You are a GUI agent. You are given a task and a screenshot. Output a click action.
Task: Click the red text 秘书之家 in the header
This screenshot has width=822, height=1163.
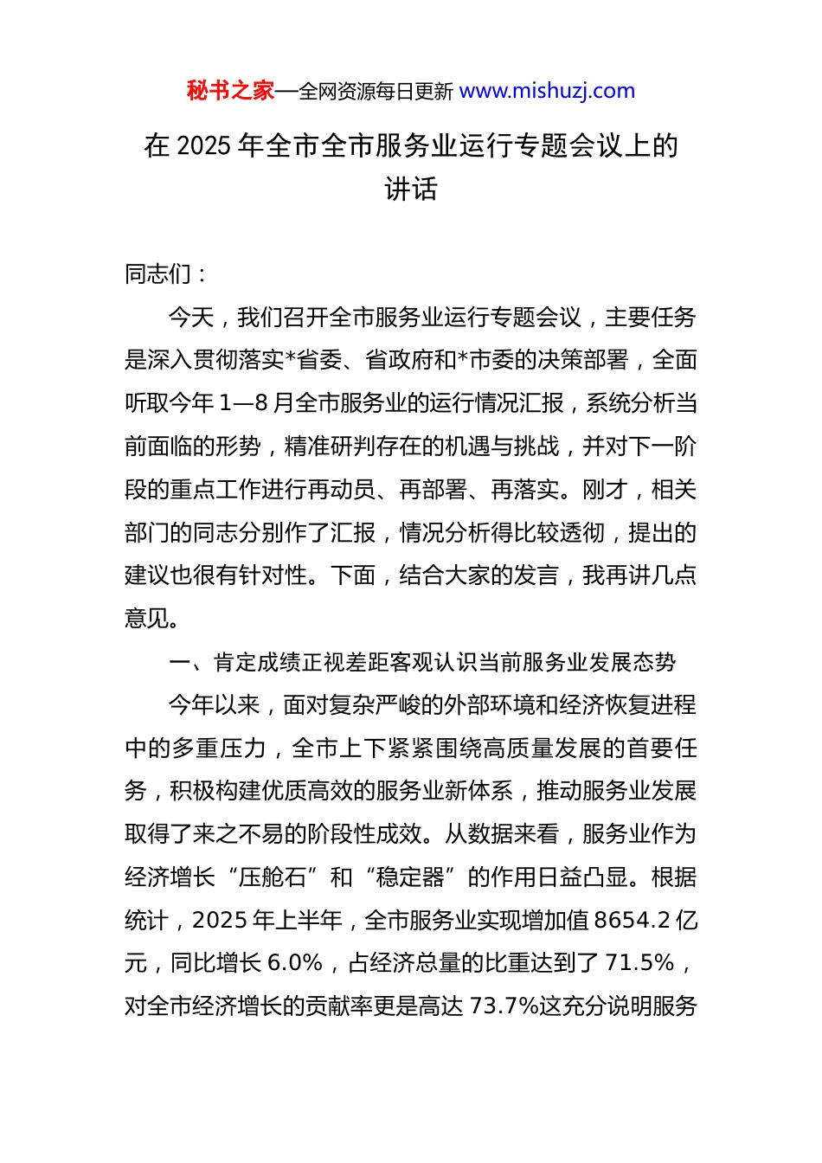pos(230,91)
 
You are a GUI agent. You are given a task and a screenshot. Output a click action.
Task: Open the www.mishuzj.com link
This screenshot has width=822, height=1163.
pos(547,91)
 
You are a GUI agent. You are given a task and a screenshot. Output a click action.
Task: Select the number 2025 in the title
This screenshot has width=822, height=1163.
pos(205,145)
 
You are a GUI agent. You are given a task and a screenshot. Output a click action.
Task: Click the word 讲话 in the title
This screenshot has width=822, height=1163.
pos(411,189)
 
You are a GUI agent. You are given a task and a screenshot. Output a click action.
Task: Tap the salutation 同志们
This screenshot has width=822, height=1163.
pos(157,274)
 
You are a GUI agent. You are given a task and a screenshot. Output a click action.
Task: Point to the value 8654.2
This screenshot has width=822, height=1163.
pos(633,920)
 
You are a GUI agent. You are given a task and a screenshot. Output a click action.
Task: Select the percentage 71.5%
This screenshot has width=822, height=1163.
pos(639,963)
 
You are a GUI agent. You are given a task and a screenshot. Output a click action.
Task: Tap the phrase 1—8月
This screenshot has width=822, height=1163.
pos(256,403)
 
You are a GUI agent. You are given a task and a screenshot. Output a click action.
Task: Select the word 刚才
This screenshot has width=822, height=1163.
pos(605,490)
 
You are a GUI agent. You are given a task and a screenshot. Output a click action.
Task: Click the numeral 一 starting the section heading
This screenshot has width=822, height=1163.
pos(178,663)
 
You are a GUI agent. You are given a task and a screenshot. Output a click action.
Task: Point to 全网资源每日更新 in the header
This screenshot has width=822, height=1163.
pos(376,91)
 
